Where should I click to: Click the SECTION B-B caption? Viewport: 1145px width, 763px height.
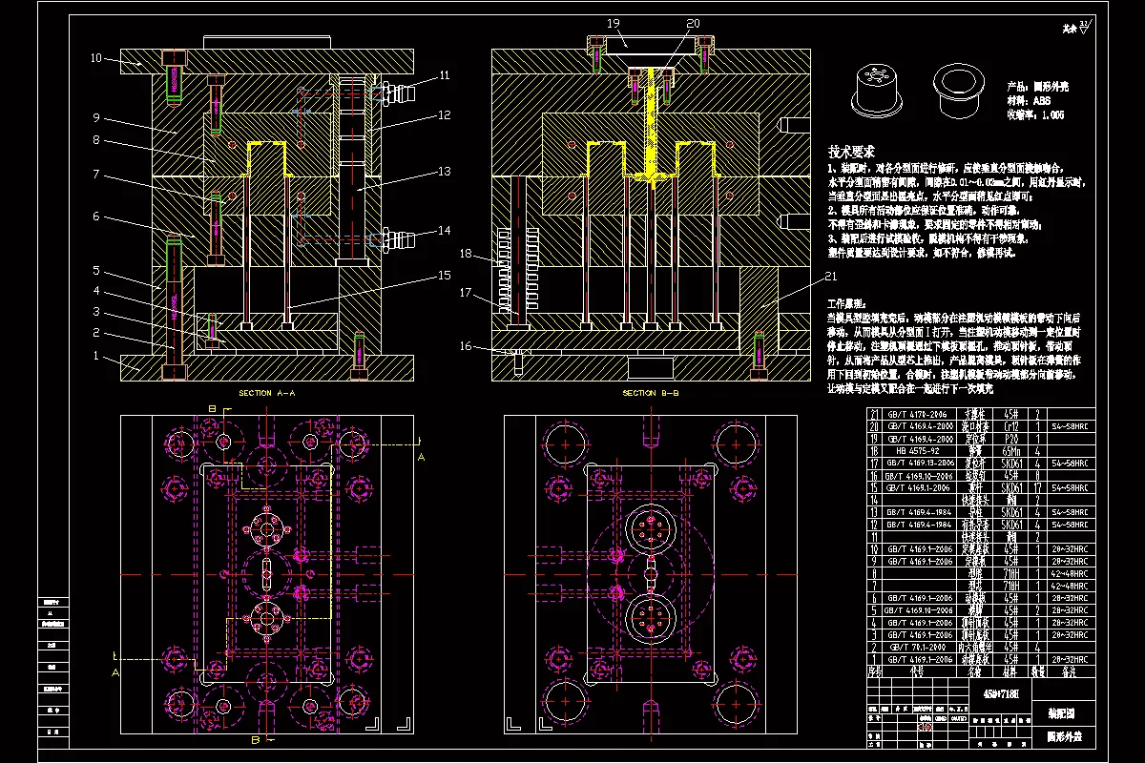(651, 393)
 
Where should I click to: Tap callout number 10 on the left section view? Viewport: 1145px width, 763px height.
(96, 58)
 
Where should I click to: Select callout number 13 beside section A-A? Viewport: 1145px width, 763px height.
(445, 173)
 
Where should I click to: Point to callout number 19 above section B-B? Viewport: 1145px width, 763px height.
(613, 22)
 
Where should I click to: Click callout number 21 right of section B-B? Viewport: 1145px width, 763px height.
(831, 277)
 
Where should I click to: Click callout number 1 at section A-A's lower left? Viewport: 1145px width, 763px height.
(96, 356)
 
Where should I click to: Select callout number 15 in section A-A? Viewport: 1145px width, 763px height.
(445, 277)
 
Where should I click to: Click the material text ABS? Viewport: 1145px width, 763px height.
(1041, 99)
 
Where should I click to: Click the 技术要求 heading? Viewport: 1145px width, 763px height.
(852, 152)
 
